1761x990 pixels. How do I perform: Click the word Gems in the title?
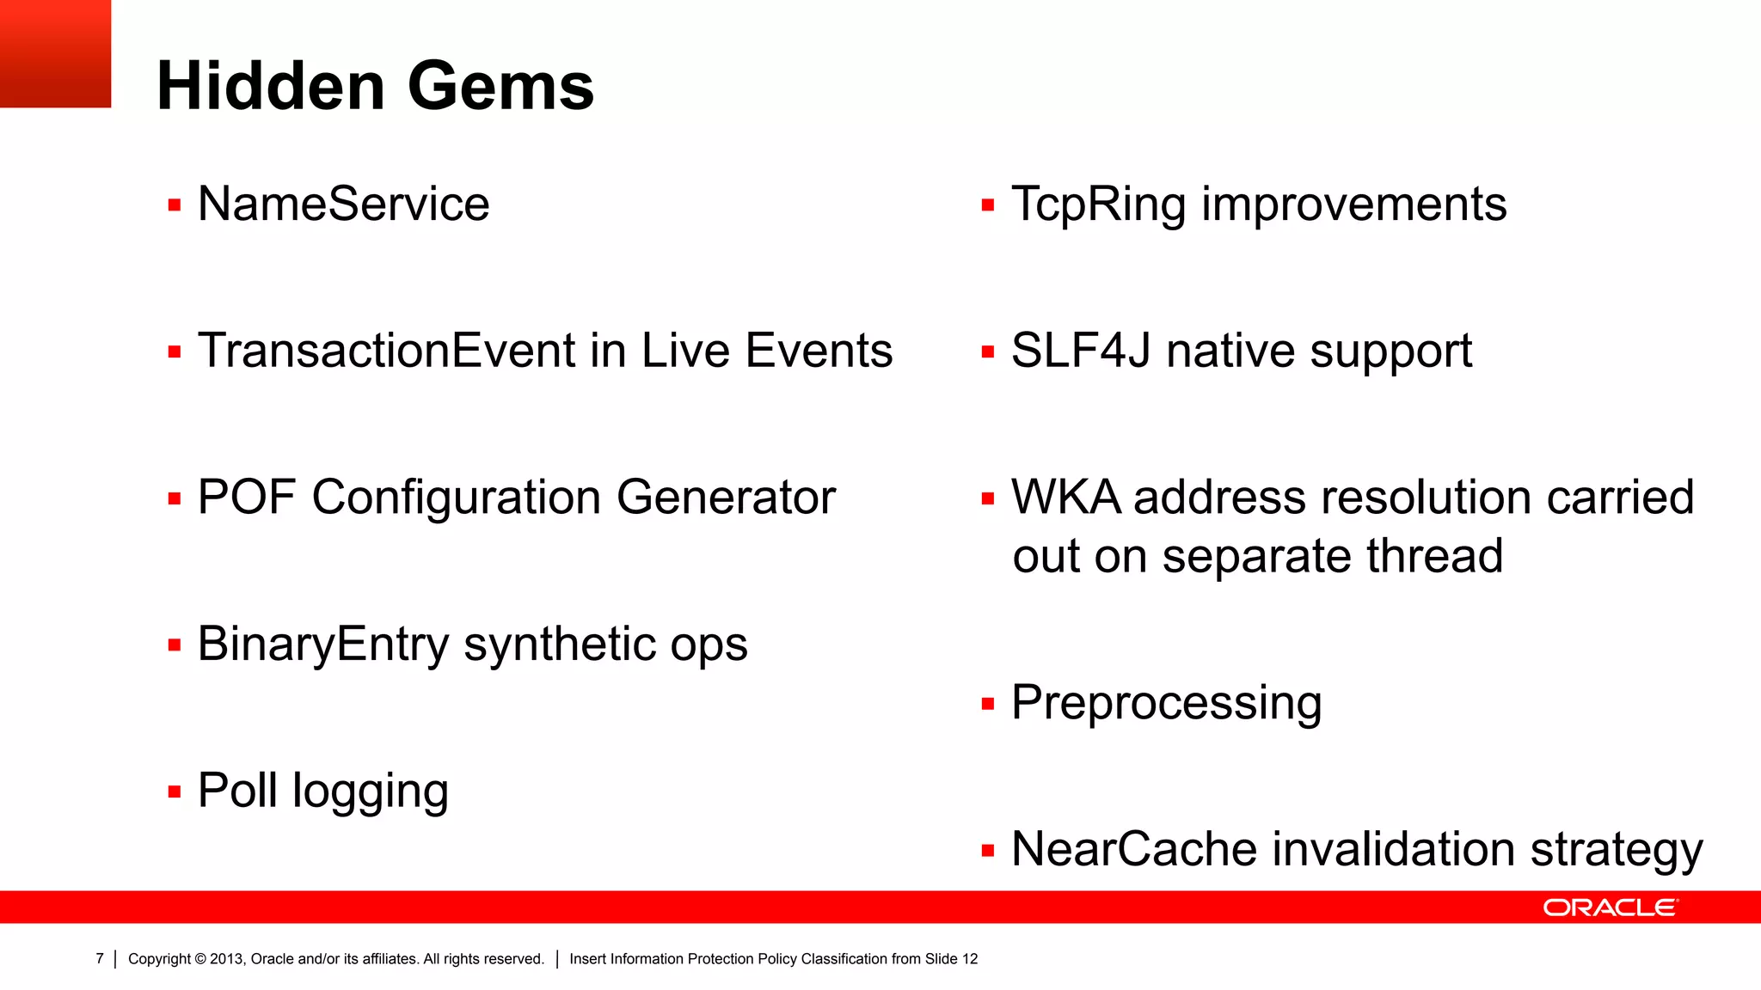pos(500,87)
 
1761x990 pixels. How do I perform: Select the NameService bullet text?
pos(343,205)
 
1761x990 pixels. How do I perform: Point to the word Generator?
pos(726,498)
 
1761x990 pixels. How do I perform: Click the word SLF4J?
pos(1081,351)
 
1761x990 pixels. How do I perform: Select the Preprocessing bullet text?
pos(1166,704)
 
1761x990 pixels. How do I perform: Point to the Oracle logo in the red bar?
pos(1610,907)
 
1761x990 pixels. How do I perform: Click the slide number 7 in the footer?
pos(100,959)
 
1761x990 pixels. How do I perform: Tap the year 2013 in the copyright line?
pos(226,959)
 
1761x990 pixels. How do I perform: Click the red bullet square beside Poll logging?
pos(175,792)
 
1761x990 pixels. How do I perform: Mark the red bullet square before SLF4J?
pos(988,352)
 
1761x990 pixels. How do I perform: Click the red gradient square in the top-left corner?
pos(55,53)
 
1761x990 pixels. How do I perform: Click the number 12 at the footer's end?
pos(970,959)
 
